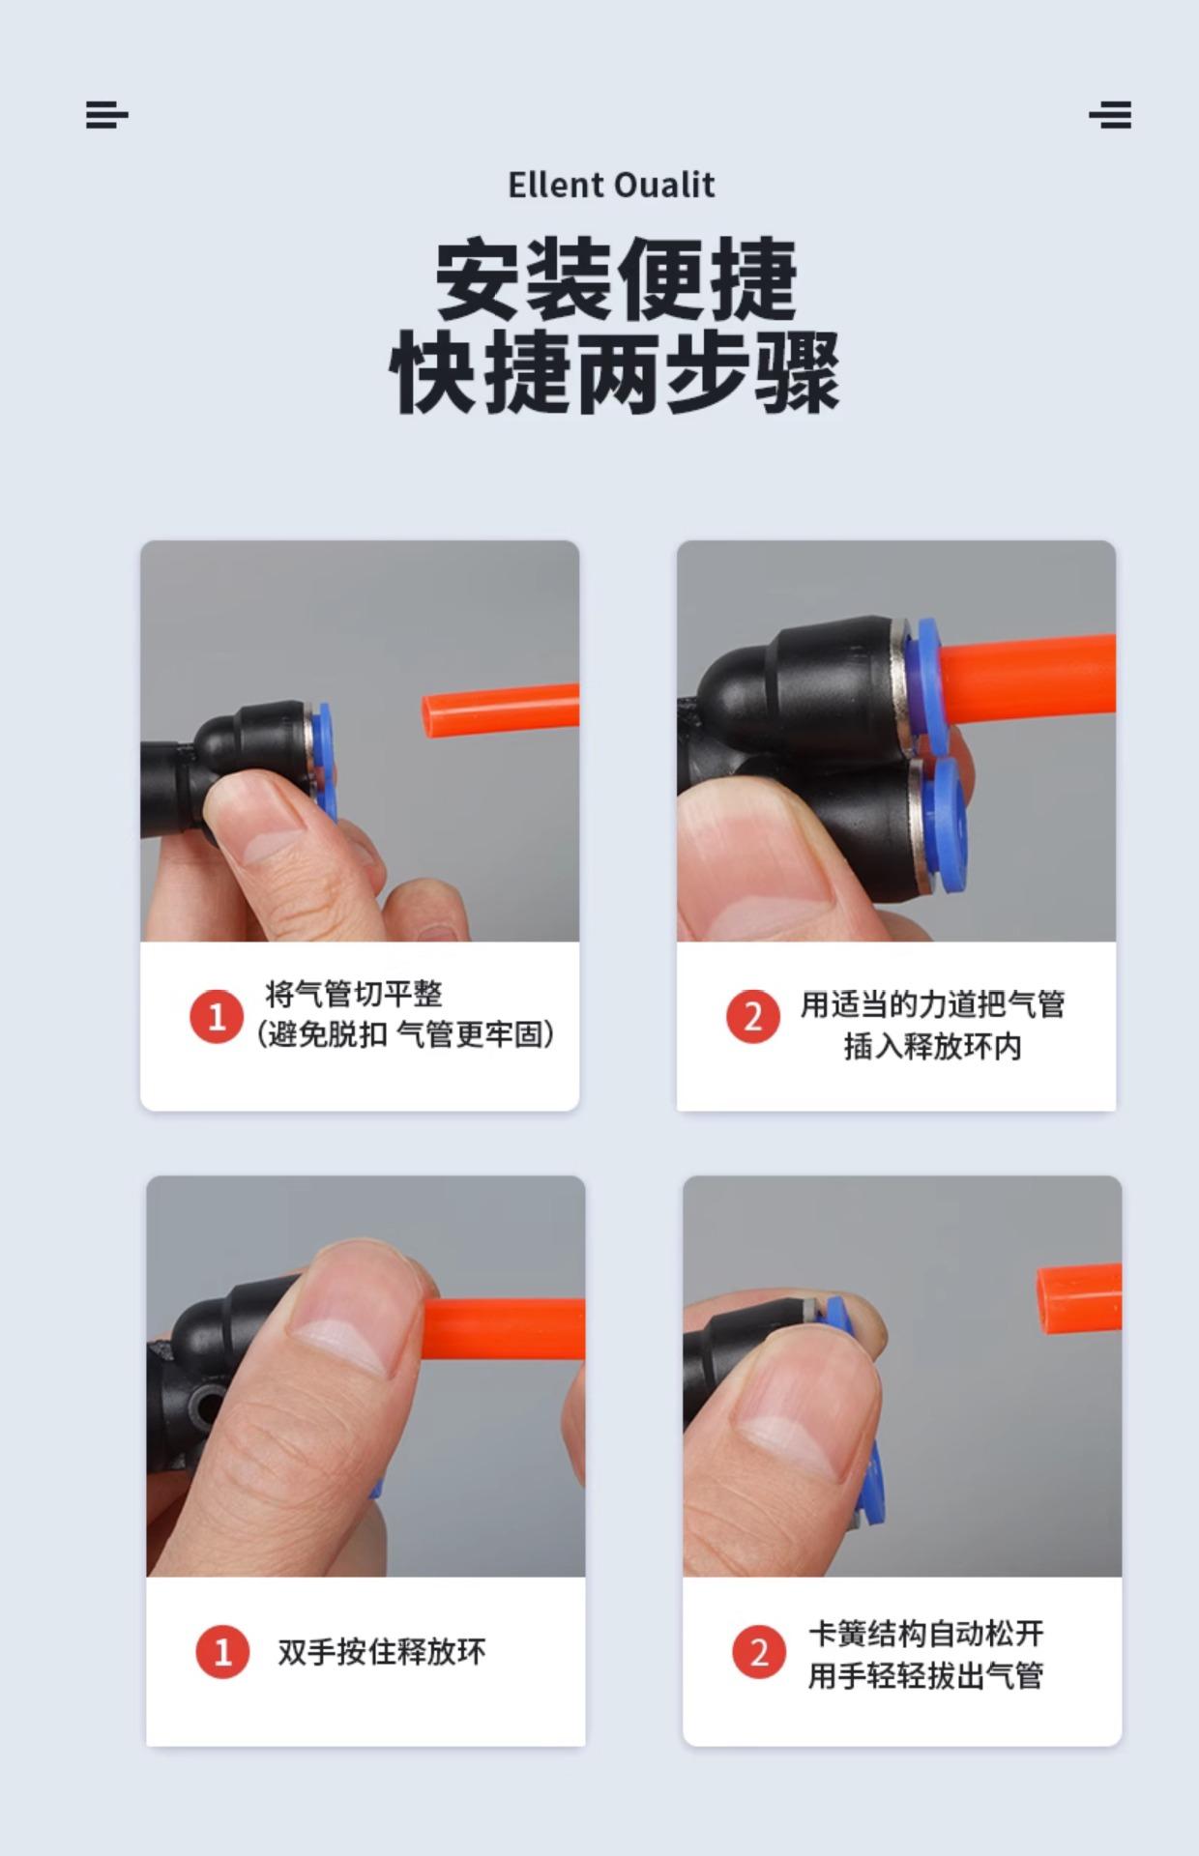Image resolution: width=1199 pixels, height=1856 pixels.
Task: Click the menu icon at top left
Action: click(106, 114)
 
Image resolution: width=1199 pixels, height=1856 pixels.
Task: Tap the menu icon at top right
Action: click(1110, 114)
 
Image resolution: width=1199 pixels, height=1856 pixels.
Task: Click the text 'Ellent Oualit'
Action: click(611, 185)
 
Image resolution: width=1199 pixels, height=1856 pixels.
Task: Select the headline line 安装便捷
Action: click(616, 279)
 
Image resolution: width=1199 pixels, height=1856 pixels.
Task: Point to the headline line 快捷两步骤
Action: click(615, 372)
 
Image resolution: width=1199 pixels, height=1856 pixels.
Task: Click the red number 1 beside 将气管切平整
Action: click(216, 1016)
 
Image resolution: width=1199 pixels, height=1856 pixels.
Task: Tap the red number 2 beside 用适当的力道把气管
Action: click(752, 1016)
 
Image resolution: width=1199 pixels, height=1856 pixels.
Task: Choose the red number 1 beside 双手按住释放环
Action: click(222, 1651)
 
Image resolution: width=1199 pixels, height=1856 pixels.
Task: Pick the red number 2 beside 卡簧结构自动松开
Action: click(759, 1651)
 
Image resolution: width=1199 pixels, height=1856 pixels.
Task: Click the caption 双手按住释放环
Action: click(382, 1652)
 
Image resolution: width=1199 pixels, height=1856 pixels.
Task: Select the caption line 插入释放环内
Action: click(933, 1046)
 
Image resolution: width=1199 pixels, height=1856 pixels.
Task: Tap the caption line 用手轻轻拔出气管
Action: click(926, 1675)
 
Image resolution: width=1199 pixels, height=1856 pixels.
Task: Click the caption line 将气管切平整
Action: click(354, 994)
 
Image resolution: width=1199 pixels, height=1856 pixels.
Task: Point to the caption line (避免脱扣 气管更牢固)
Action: click(405, 1034)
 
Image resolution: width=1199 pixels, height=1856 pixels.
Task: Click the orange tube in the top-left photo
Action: click(501, 711)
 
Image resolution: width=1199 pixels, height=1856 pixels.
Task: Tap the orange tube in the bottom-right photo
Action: click(1080, 1298)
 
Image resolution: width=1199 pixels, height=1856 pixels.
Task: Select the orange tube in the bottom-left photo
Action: click(503, 1328)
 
